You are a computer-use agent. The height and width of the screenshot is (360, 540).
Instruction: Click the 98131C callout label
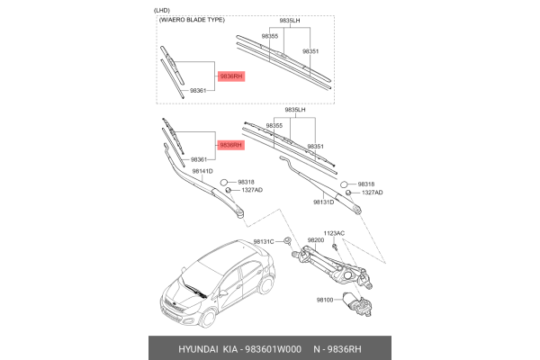pyautogui.click(x=263, y=240)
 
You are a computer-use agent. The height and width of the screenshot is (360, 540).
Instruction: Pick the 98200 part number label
pyautogui.click(x=315, y=240)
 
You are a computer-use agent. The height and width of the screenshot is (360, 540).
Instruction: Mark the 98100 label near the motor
pyautogui.click(x=323, y=300)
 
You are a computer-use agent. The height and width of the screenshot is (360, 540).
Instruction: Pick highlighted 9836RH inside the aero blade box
pyautogui.click(x=229, y=77)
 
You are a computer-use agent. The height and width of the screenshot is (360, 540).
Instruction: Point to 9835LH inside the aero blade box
pyautogui.click(x=288, y=19)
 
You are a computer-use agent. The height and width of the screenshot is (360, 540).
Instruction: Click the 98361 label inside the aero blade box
pyautogui.click(x=200, y=91)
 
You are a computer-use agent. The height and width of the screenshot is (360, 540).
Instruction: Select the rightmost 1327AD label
pyautogui.click(x=372, y=193)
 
